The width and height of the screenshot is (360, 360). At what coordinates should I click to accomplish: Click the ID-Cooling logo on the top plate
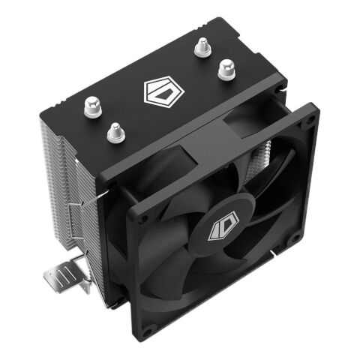160,94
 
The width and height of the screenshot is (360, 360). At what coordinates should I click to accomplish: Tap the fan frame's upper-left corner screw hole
140,214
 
